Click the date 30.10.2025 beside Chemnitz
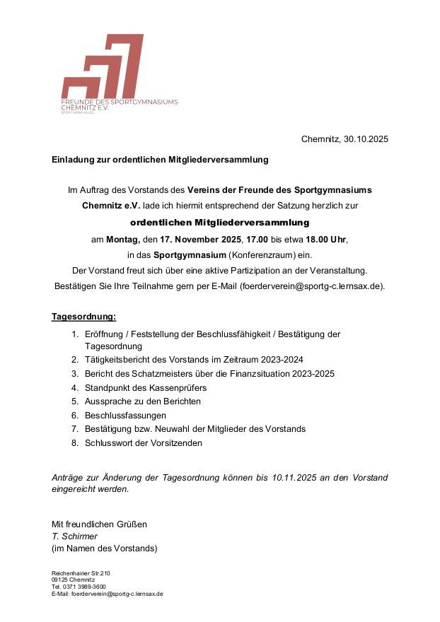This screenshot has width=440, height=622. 366,139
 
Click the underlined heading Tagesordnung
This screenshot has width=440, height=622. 83,317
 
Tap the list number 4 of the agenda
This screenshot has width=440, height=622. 74,388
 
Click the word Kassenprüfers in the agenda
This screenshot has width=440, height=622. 173,388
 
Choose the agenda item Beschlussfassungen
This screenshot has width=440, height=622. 125,416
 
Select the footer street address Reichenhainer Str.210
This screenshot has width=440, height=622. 81,573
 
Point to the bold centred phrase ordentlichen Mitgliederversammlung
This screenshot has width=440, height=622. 220,223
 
